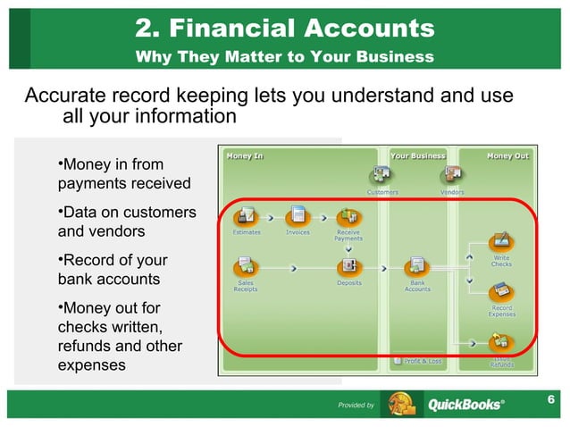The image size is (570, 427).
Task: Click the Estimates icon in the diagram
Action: pyautogui.click(x=247, y=216)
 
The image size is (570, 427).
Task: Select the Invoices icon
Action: pyautogui.click(x=297, y=216)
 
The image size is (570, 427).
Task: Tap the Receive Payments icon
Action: pyautogui.click(x=348, y=216)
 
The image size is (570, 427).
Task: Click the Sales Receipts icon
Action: pyautogui.click(x=247, y=266)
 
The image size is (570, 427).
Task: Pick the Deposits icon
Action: pyautogui.click(x=348, y=266)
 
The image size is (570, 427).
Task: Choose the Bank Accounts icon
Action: pyautogui.click(x=416, y=266)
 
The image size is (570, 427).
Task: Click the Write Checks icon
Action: pyautogui.click(x=501, y=241)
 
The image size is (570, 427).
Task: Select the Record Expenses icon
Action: pyautogui.click(x=501, y=292)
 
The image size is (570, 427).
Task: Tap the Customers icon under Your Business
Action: pyautogui.click(x=382, y=175)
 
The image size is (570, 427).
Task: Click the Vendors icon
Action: pyautogui.click(x=452, y=175)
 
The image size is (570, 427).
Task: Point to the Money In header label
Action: pyautogui.click(x=245, y=155)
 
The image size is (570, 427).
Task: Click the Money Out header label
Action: pyautogui.click(x=507, y=155)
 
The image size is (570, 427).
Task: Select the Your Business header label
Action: pyautogui.click(x=418, y=155)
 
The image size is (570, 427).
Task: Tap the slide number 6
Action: pyautogui.click(x=551, y=398)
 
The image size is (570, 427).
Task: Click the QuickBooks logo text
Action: pyautogui.click(x=465, y=405)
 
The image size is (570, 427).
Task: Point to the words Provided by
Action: pyautogui.click(x=356, y=406)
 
